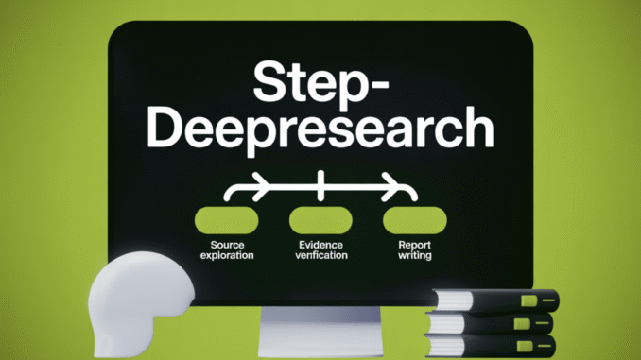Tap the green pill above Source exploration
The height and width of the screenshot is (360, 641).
point(227,219)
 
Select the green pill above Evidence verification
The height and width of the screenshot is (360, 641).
point(320,219)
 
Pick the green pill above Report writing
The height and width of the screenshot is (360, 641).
point(413,219)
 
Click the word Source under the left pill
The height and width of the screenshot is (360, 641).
point(227,244)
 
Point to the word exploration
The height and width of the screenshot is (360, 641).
point(227,255)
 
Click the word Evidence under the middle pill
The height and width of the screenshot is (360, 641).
point(320,244)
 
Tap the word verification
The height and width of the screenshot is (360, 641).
point(320,255)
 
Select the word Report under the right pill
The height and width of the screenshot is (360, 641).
point(413,244)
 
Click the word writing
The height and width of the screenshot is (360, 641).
point(413,255)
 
